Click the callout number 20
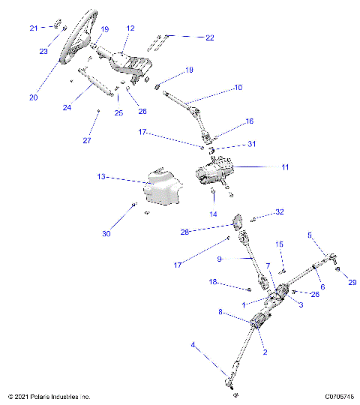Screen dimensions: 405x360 (x=32, y=97)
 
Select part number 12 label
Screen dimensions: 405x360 (x=130, y=28)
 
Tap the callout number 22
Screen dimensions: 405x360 (x=209, y=37)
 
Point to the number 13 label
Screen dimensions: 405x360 (x=101, y=178)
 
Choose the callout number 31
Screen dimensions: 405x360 (x=251, y=145)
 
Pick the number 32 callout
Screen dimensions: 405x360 (x=280, y=212)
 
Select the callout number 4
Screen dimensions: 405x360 (x=193, y=346)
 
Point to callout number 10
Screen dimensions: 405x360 (x=238, y=88)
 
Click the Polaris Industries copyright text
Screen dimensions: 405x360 (x=49, y=397)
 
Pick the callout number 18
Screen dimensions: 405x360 (x=213, y=283)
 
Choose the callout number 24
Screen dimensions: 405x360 (x=67, y=107)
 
